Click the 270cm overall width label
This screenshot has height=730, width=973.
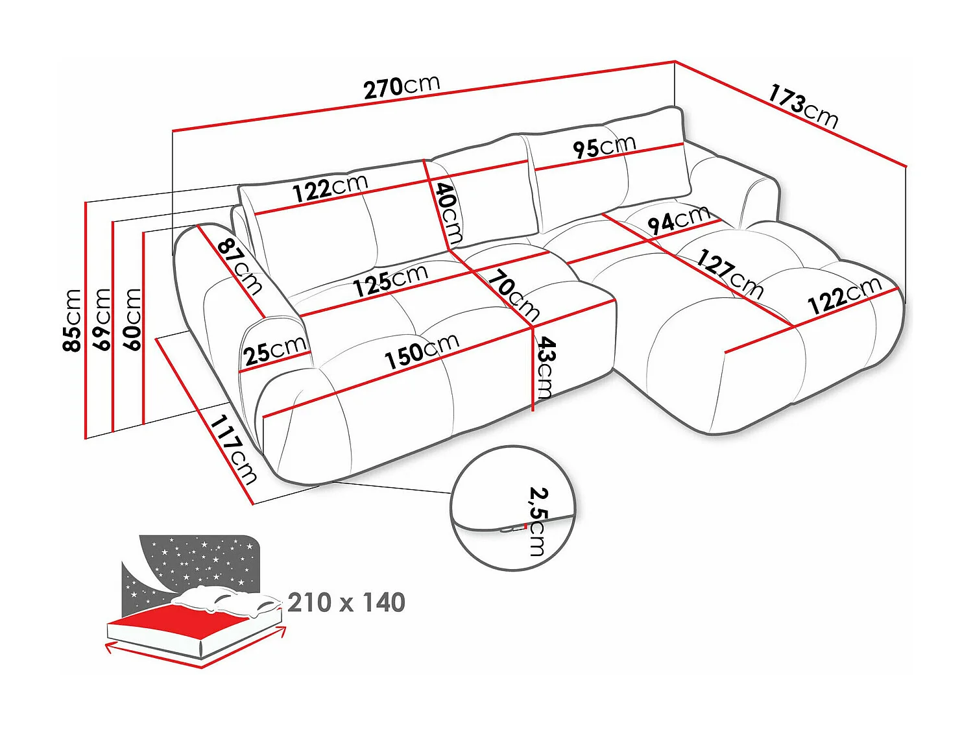(402, 86)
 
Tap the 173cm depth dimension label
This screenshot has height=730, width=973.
(803, 106)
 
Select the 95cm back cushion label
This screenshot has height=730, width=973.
(604, 147)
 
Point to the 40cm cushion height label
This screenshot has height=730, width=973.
(448, 213)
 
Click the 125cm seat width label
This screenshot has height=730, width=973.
(390, 280)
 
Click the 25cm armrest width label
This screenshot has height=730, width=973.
(275, 351)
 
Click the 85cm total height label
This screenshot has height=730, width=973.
(72, 321)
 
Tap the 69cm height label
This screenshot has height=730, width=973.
(103, 319)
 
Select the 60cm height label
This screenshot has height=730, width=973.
(132, 319)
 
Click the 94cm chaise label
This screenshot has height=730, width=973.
(679, 221)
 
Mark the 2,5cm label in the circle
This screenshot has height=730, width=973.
(538, 521)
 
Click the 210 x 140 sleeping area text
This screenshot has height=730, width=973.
(346, 603)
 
